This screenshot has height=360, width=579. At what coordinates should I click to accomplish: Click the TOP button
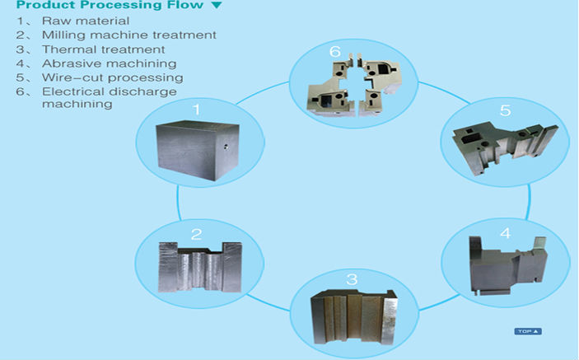(x=528, y=331)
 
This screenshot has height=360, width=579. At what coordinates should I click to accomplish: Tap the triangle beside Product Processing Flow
(x=217, y=5)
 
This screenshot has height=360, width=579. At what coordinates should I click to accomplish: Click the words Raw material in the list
(x=86, y=21)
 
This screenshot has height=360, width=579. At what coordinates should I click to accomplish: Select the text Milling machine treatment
(x=128, y=35)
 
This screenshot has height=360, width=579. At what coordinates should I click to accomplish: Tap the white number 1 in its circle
(x=197, y=110)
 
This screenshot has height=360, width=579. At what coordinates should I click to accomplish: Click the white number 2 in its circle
(x=197, y=234)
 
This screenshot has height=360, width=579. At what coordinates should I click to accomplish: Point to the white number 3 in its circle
(x=352, y=279)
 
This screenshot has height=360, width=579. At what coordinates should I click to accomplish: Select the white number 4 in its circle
(x=505, y=233)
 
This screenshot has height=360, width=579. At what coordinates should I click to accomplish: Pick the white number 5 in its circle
(x=505, y=110)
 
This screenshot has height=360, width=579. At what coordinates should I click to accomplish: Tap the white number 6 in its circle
(x=335, y=51)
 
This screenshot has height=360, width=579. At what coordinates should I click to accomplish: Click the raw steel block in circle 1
(x=198, y=150)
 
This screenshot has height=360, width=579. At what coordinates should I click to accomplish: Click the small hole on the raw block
(x=226, y=147)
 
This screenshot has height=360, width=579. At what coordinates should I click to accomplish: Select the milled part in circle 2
(x=200, y=267)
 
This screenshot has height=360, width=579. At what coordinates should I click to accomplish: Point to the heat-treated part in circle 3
(x=354, y=317)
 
